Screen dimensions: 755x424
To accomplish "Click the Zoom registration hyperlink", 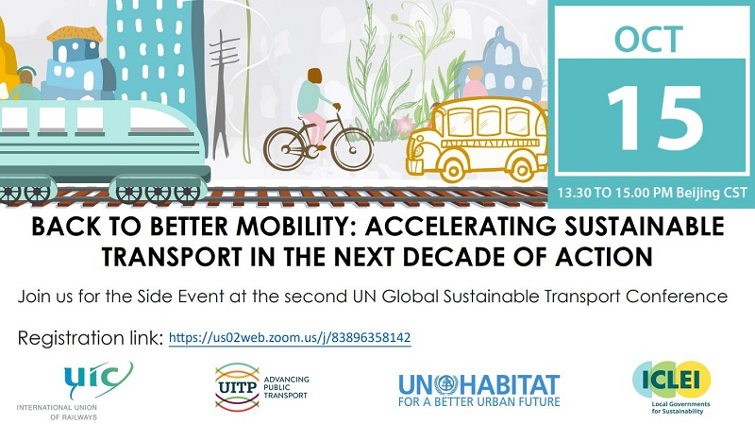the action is [x=290, y=338].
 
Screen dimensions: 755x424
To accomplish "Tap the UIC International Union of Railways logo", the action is [x=75, y=391].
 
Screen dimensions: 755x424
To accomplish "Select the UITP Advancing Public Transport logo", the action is [x=262, y=387].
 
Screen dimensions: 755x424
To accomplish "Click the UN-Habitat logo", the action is [x=479, y=390].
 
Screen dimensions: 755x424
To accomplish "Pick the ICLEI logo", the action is [x=672, y=387].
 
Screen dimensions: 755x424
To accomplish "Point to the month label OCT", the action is [x=648, y=39].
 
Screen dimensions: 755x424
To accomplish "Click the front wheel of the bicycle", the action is [x=352, y=148].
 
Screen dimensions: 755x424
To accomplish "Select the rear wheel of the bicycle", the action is [x=286, y=148].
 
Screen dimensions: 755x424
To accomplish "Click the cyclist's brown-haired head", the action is [x=314, y=76].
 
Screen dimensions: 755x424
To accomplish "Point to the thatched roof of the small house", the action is [x=75, y=34].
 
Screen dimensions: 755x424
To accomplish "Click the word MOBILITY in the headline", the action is [x=295, y=227].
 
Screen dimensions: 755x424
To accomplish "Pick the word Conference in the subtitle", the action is [x=677, y=296].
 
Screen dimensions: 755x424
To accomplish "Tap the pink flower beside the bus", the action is [x=406, y=126].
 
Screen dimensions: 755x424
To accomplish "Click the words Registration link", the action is [x=91, y=338].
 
